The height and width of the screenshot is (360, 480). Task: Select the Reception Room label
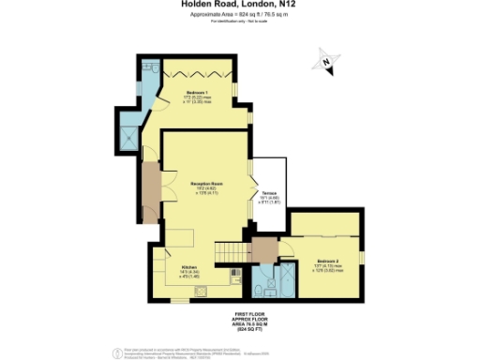click(x=205, y=186)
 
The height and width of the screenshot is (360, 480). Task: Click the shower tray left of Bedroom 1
click(x=147, y=138)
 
